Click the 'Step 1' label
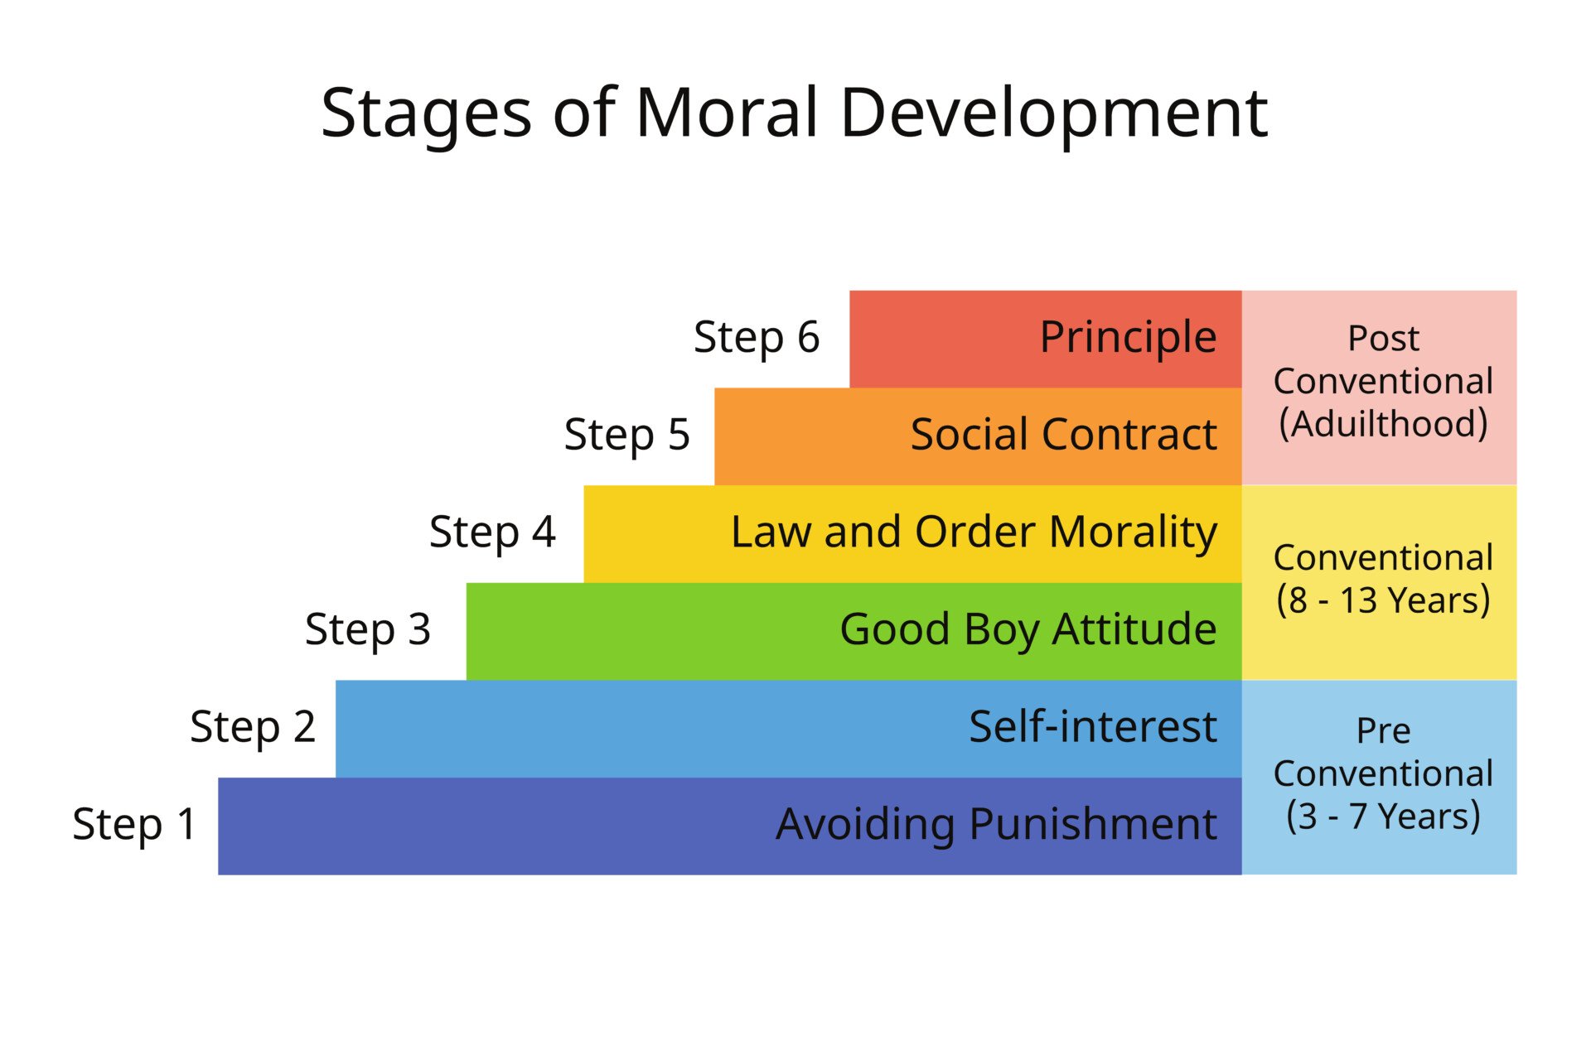[x=134, y=824]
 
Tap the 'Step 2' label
[x=253, y=727]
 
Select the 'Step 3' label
[x=368, y=629]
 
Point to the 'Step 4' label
[x=492, y=532]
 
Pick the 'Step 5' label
[x=626, y=435]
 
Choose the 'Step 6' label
[x=757, y=337]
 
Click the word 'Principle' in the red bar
[x=1128, y=338]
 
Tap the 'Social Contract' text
[x=1063, y=435]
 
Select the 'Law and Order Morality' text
[x=974, y=532]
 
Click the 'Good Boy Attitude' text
[x=1028, y=629]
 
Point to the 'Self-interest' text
[x=1092, y=727]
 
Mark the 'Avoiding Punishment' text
[x=996, y=824]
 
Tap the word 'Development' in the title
[x=1054, y=114]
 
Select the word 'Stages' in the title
[x=426, y=114]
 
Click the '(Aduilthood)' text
[x=1383, y=423]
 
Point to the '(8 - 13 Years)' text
[x=1383, y=600]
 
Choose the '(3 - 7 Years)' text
[x=1383, y=816]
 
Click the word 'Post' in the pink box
[x=1383, y=338]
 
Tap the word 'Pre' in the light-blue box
[x=1383, y=730]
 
